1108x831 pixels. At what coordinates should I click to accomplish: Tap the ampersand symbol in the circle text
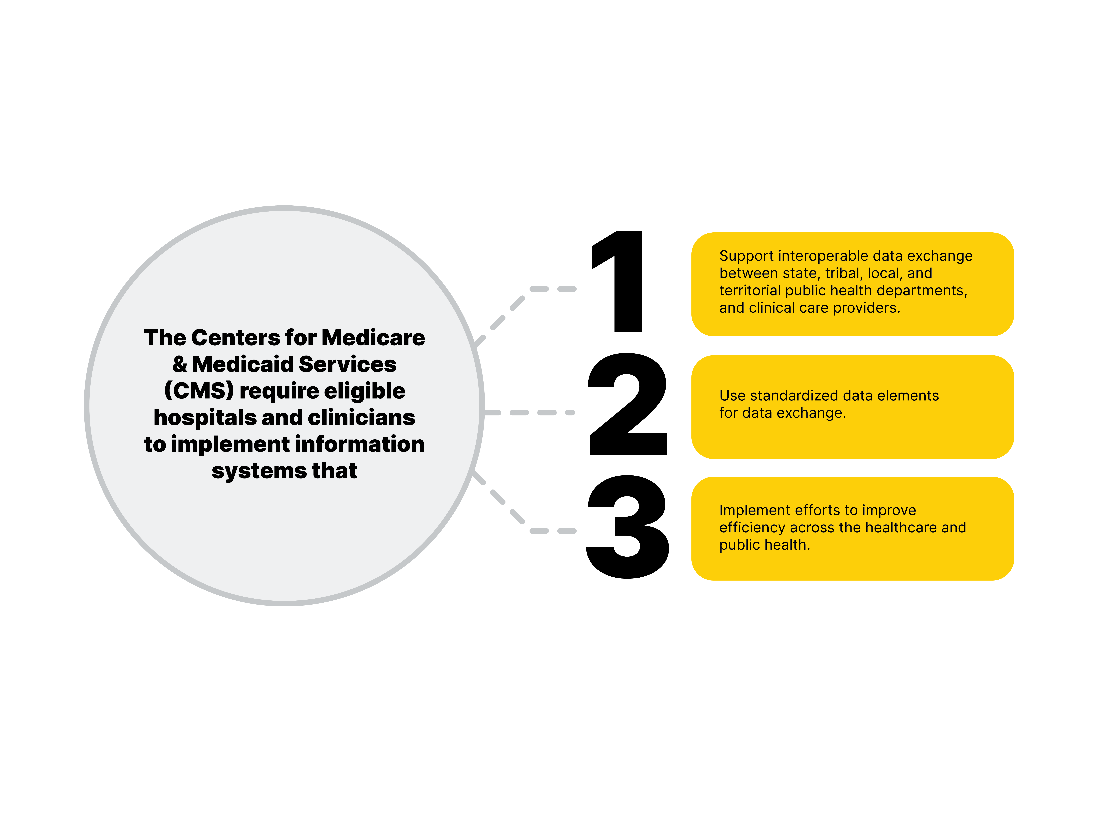(179, 364)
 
